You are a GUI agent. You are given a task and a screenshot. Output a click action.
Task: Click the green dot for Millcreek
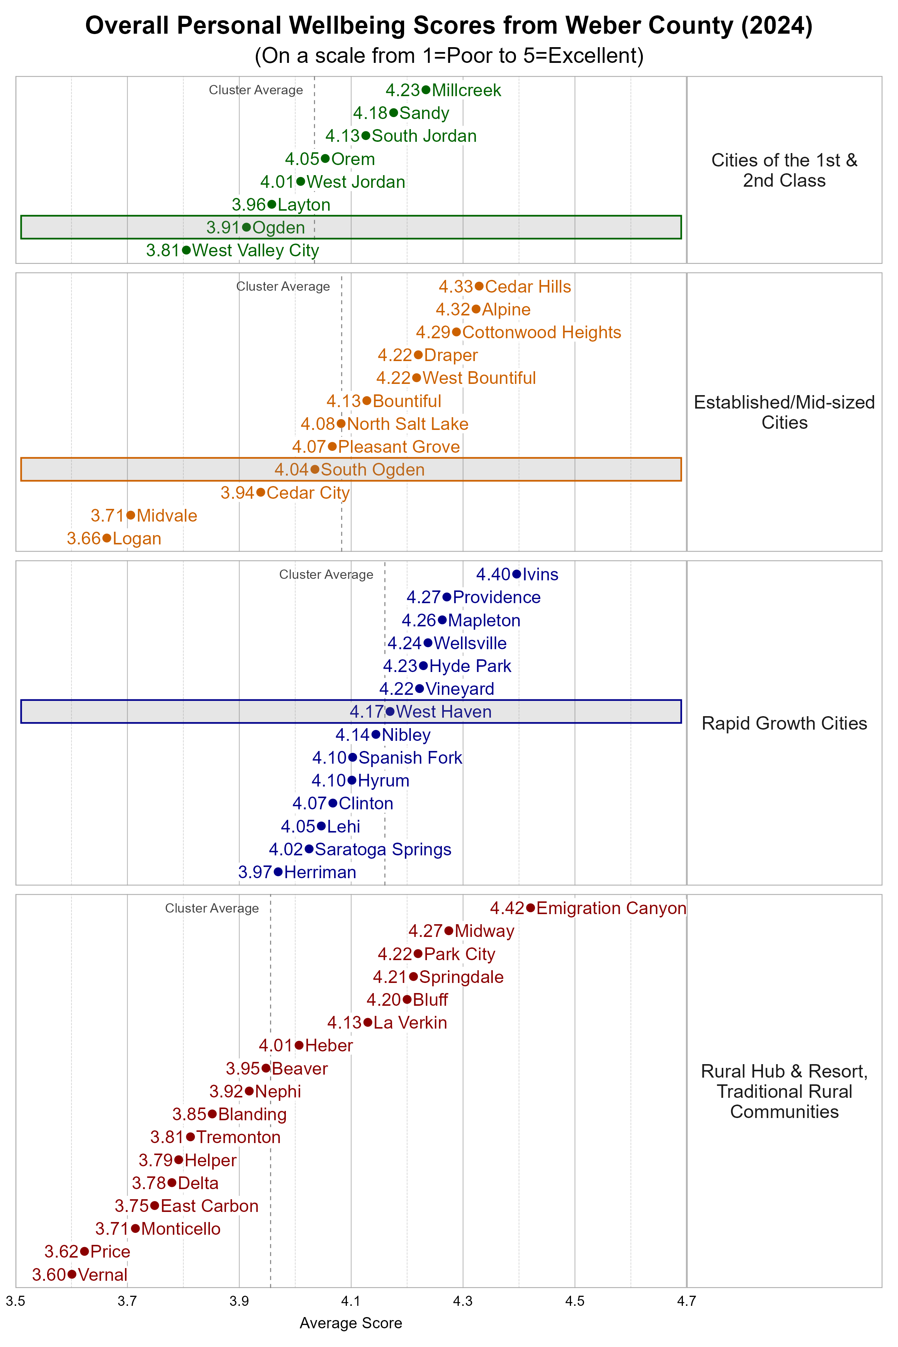point(425,90)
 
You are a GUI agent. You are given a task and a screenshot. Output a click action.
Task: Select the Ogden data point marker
point(246,227)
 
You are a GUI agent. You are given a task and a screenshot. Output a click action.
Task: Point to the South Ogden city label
point(372,470)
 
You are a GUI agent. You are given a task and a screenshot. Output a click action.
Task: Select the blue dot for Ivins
point(516,574)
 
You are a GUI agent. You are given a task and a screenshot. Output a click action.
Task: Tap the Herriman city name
point(320,872)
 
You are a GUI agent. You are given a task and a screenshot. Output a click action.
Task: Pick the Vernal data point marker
point(71,1274)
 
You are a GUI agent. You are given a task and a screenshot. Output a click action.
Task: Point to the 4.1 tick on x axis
point(351,1301)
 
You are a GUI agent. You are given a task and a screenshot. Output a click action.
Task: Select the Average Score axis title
point(351,1323)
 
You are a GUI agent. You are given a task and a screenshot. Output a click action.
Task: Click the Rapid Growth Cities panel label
point(784,723)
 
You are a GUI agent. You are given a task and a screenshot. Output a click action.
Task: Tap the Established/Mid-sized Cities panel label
point(784,412)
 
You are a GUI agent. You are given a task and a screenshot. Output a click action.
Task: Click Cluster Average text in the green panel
point(256,90)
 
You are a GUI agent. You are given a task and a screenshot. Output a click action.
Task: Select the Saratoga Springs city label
point(383,849)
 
